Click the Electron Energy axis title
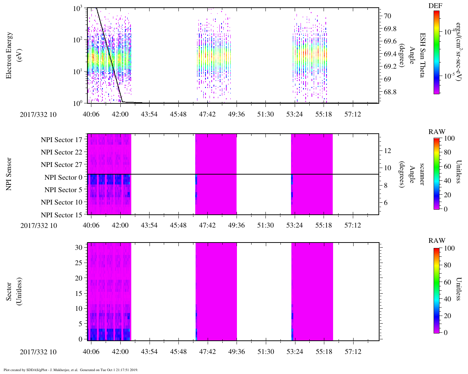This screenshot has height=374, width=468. tap(10, 55)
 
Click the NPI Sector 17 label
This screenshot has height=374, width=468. tap(61, 140)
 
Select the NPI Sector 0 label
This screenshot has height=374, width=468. tap(63, 178)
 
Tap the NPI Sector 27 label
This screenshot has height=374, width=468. tap(61, 165)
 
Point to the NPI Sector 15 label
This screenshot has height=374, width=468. tap(61, 215)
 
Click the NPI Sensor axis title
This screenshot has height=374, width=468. tap(10, 174)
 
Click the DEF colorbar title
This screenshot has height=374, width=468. tap(435, 5)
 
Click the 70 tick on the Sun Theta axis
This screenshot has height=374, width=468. tap(388, 16)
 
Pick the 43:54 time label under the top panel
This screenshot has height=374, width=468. tap(149, 114)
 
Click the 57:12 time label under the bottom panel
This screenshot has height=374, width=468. tap(353, 352)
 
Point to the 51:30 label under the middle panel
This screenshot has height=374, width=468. tap(265, 225)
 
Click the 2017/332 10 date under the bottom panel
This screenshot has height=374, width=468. tap(38, 352)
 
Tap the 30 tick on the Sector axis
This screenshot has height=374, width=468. tap(79, 248)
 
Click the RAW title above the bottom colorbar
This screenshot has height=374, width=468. tap(437, 241)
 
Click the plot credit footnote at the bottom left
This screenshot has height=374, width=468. tap(71, 370)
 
